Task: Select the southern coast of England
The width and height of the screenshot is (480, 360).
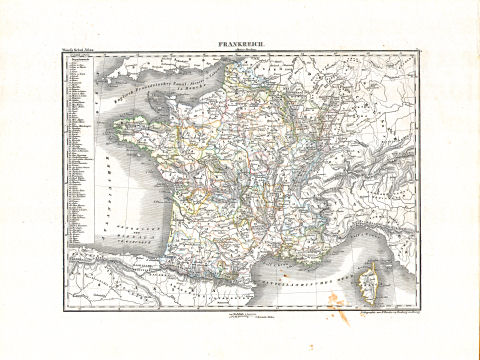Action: tap(150, 65)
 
